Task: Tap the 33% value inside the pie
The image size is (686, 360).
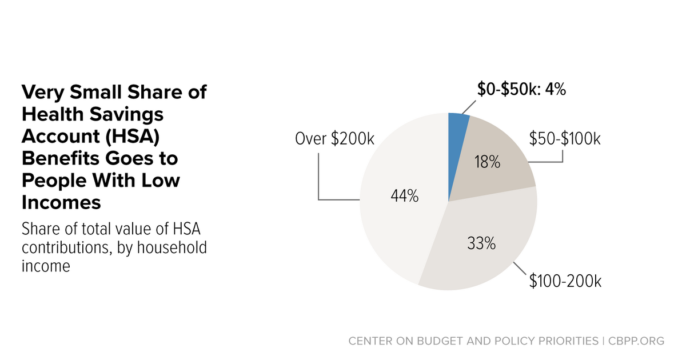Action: [x=481, y=244]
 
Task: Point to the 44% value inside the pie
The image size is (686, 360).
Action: [x=405, y=197]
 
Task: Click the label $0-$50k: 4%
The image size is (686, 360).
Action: [x=521, y=90]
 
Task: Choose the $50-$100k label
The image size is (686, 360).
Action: [x=564, y=138]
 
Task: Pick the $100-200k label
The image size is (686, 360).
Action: [x=565, y=281]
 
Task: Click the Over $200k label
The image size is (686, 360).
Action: [x=334, y=138]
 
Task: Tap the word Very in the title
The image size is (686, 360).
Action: [x=43, y=92]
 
